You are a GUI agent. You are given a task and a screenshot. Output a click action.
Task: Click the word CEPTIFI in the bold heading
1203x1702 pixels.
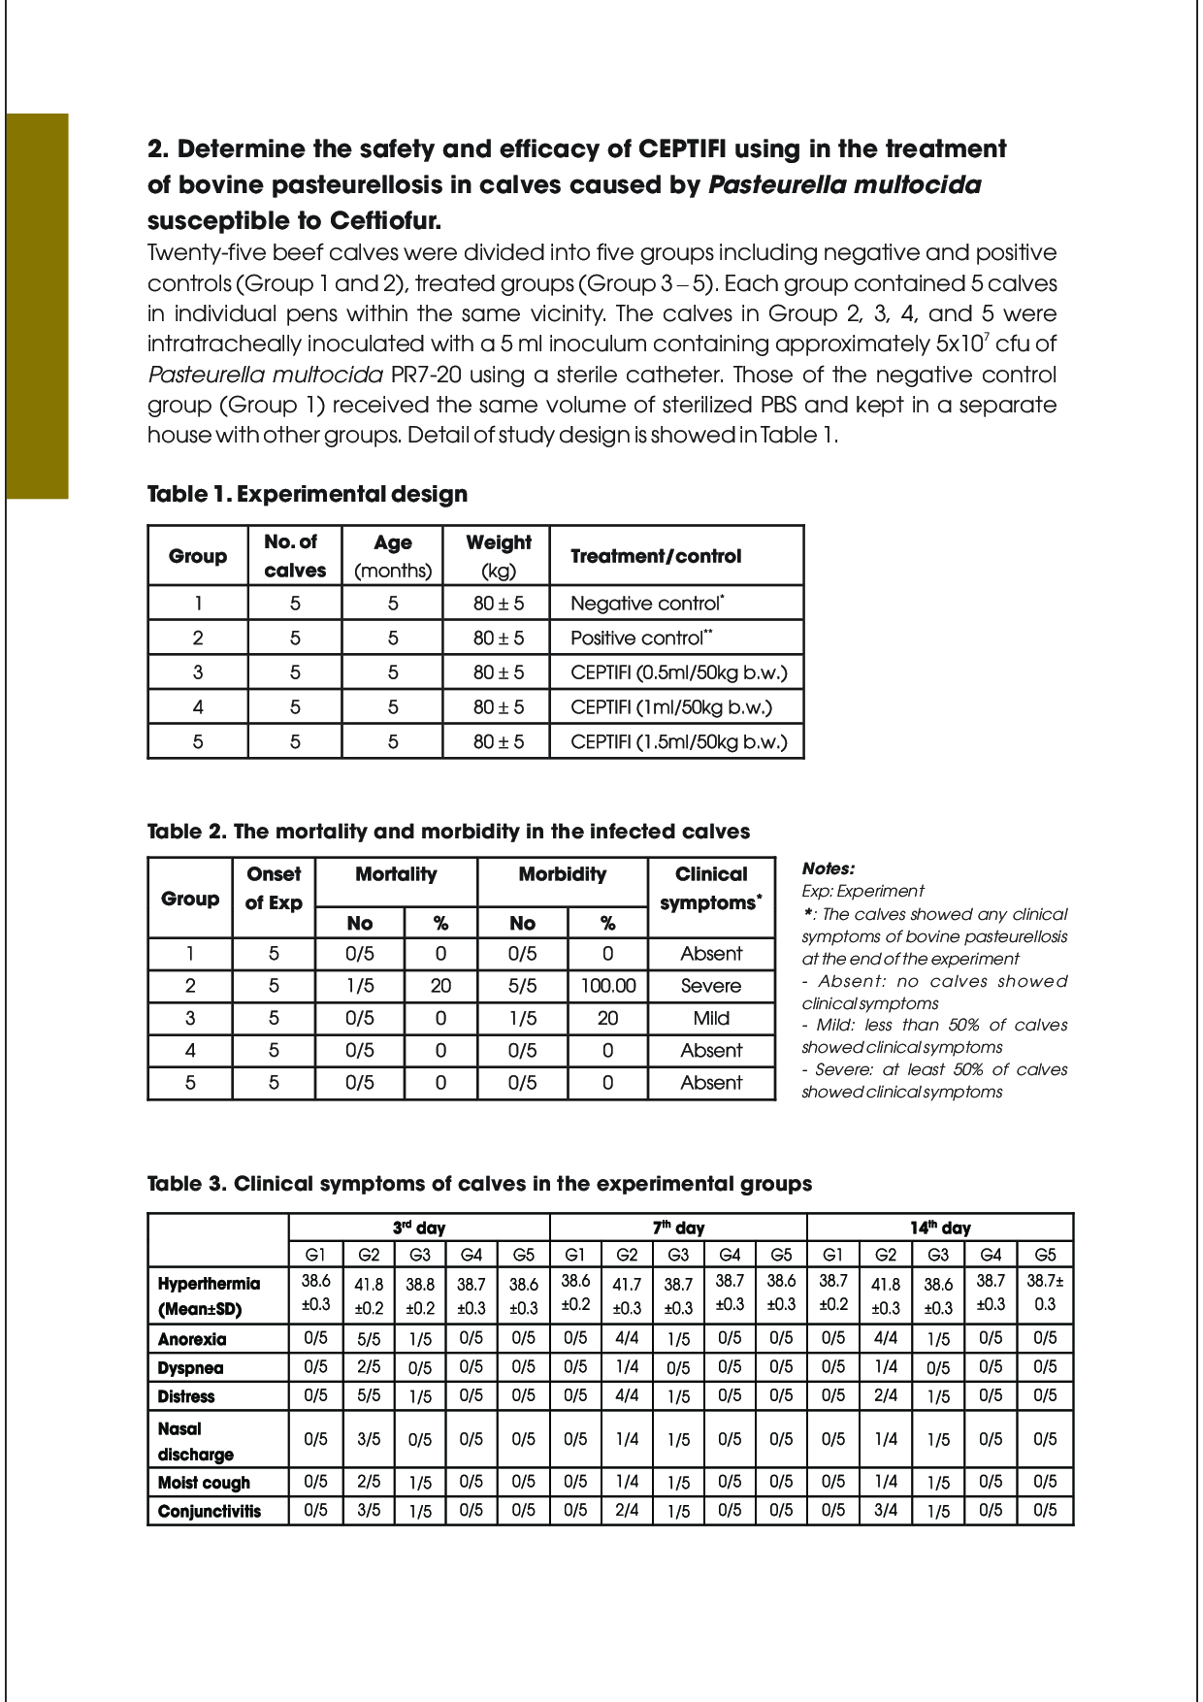[x=682, y=149]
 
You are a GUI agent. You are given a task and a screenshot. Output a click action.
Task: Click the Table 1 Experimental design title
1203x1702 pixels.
[x=307, y=494]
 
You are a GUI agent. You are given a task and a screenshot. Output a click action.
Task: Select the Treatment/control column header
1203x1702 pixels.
[x=656, y=556]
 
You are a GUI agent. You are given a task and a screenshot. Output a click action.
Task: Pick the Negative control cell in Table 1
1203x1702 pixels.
[x=647, y=604]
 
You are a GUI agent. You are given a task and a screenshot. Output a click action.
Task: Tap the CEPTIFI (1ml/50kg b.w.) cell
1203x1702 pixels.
[x=671, y=707]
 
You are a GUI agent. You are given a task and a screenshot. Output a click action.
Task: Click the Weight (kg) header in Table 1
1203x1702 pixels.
[x=498, y=556]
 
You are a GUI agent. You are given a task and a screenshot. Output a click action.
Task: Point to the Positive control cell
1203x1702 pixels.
[x=641, y=638]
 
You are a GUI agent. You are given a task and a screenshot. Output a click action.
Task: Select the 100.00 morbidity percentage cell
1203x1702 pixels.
[x=608, y=986]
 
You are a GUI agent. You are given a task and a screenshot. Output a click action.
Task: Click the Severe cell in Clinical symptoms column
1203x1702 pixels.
[x=711, y=986]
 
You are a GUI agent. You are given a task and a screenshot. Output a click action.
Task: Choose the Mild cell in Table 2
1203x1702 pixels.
[x=711, y=1018]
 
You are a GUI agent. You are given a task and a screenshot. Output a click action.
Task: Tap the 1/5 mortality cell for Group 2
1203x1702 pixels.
[x=360, y=986]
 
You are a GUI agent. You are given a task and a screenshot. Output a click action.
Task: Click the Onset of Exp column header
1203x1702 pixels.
[x=274, y=888]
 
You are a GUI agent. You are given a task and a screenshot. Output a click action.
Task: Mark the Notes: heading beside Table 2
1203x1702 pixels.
[x=829, y=868]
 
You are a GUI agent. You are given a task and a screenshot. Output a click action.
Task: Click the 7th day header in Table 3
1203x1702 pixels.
[x=678, y=1227]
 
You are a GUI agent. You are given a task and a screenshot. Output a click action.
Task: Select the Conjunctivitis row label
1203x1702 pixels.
[x=210, y=1511]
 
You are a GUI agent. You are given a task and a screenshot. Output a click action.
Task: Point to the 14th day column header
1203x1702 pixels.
[x=940, y=1227]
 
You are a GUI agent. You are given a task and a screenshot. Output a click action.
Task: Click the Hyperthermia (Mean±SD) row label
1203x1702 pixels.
[x=210, y=1295]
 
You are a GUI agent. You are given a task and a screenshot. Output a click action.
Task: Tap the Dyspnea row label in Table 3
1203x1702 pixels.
[x=191, y=1368]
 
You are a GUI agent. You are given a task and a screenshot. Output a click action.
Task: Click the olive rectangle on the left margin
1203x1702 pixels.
[x=37, y=306]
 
